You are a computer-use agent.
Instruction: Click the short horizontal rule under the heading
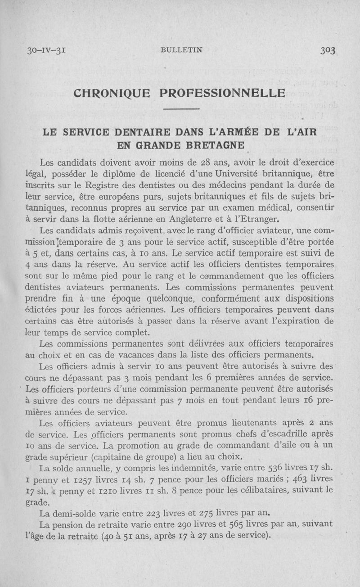coord(181,109)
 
